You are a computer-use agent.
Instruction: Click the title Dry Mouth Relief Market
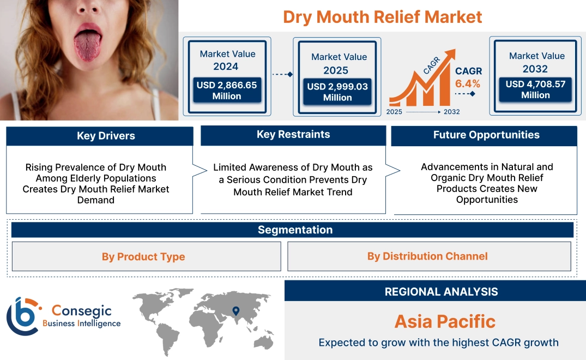(x=382, y=17)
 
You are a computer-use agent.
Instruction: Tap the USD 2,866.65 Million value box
(x=226, y=91)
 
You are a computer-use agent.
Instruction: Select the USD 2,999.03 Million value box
(x=337, y=92)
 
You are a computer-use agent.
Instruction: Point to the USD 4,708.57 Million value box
(x=535, y=89)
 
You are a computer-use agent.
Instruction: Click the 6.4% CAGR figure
(x=468, y=83)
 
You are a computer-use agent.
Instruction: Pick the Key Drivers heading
(x=106, y=136)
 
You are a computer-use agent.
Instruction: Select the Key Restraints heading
(x=293, y=135)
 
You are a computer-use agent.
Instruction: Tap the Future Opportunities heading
(x=486, y=135)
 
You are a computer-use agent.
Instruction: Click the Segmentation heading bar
(x=295, y=230)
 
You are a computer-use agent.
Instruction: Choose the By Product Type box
(x=143, y=257)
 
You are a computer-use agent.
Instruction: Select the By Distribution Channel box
(x=427, y=256)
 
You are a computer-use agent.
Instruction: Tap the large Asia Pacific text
(x=445, y=321)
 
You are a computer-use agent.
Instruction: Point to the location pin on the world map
(x=235, y=311)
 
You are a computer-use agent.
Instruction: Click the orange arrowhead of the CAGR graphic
(x=450, y=55)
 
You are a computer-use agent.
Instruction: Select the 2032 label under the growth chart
(x=451, y=112)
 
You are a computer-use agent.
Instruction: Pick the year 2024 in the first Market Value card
(x=226, y=67)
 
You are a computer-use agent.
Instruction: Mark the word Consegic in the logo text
(x=81, y=311)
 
